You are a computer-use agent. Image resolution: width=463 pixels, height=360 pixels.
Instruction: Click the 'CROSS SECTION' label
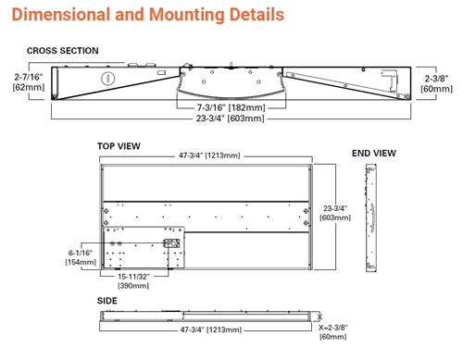pyautogui.click(x=62, y=51)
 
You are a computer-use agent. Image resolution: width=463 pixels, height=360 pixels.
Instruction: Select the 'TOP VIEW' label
pyautogui.click(x=119, y=145)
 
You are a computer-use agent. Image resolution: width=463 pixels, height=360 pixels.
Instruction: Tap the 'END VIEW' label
pyautogui.click(x=373, y=153)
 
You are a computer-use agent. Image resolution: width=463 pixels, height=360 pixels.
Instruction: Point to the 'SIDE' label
pyautogui.click(x=107, y=301)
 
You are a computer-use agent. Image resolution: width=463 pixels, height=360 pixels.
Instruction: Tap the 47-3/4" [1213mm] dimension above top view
pyautogui.click(x=206, y=155)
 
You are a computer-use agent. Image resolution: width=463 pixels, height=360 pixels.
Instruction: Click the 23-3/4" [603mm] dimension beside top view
pyautogui.click(x=335, y=214)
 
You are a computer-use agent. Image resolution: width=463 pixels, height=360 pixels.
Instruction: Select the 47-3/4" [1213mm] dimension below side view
pyautogui.click(x=206, y=329)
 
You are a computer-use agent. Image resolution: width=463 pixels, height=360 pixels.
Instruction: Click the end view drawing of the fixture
pyautogui.click(x=372, y=219)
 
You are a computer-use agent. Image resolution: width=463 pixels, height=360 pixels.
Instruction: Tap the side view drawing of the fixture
pyautogui.click(x=206, y=315)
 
